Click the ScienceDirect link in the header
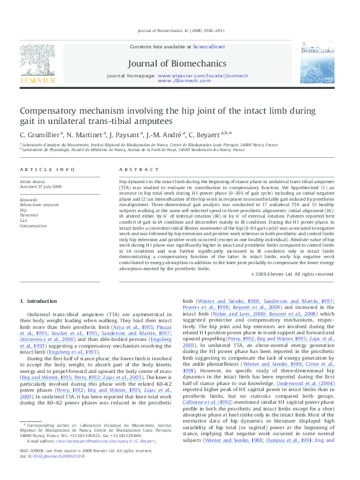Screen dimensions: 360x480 click(209, 47)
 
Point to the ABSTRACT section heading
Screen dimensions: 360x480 click(134, 170)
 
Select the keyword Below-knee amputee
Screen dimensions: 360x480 click(39, 204)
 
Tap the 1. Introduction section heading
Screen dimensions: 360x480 click(39, 300)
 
